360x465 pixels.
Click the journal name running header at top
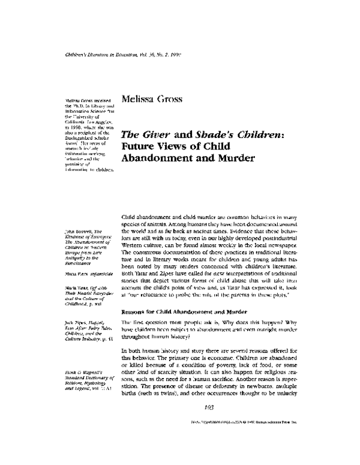click(122, 55)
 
